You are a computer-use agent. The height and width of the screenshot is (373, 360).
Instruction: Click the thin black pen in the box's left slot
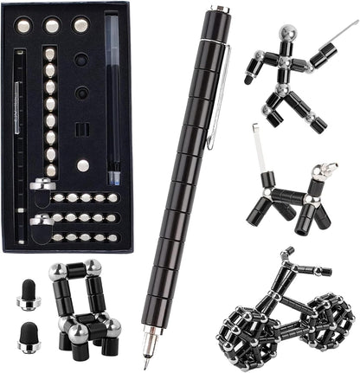[x=17, y=130]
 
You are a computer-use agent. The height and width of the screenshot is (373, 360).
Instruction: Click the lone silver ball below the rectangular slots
[x=82, y=165]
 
